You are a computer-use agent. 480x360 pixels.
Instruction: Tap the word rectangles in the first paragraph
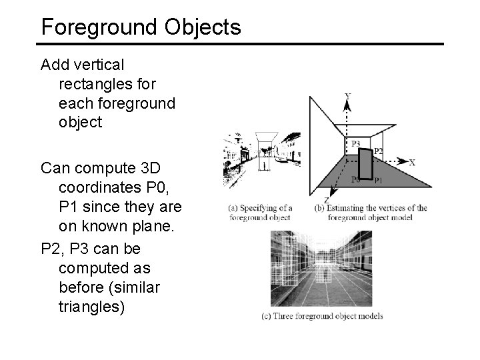click(97, 85)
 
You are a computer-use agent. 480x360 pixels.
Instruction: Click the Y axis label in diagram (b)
click(347, 97)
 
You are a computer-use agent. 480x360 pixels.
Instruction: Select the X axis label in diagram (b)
click(412, 162)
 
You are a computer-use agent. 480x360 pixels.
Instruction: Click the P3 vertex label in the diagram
click(355, 143)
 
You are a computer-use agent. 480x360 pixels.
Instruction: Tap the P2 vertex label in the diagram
click(378, 151)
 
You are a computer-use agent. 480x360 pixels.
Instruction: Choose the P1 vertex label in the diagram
click(377, 179)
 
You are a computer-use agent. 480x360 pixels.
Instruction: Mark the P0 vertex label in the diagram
click(356, 179)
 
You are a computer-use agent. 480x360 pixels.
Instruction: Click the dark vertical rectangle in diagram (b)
click(366, 164)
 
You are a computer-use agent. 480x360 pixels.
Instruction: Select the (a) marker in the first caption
click(233, 208)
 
